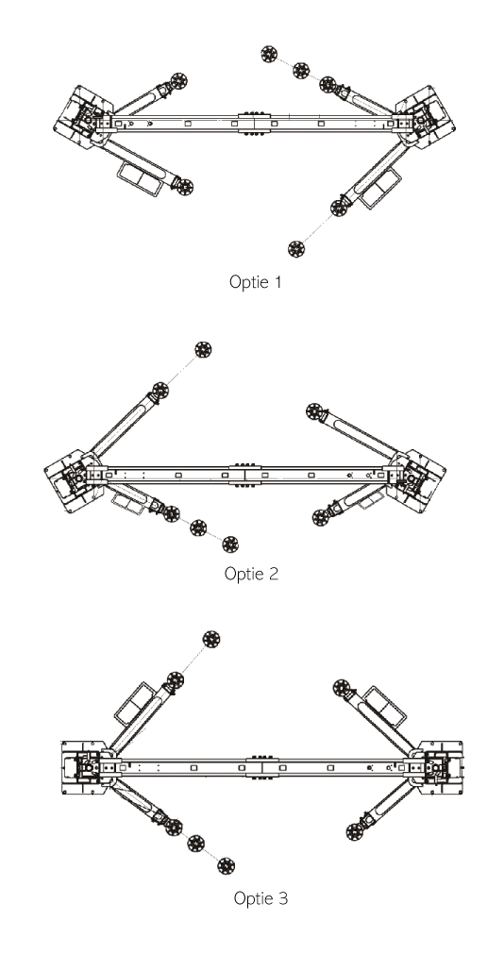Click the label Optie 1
point(255,282)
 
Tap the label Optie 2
point(251,574)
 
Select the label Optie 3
point(260,898)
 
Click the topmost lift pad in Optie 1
point(268,54)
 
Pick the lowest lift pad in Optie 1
point(296,249)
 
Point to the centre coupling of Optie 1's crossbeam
point(255,123)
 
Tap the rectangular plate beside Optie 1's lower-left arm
point(140,178)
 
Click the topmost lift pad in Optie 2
point(203,349)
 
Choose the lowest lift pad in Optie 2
point(230,544)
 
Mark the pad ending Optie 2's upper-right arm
point(314,411)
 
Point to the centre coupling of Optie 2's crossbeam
point(245,475)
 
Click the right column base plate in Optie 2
point(417,480)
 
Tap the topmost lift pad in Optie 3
point(211,640)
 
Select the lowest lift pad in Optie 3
point(227,865)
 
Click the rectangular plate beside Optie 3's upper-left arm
point(135,704)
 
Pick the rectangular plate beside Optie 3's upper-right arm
point(385,707)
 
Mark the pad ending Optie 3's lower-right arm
point(355,831)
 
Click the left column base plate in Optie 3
point(86,767)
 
